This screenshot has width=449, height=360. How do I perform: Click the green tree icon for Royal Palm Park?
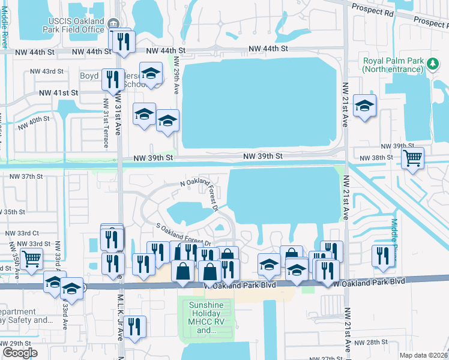tap(431, 62)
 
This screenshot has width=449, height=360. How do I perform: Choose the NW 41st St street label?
tap(58, 93)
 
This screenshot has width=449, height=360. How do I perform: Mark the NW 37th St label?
tap(27, 176)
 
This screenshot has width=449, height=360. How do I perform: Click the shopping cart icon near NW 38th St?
tap(412, 158)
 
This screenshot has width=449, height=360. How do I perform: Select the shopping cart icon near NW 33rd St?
tap(31, 259)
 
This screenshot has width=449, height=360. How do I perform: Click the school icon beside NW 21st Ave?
tap(364, 106)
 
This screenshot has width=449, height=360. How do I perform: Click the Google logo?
tap(20, 352)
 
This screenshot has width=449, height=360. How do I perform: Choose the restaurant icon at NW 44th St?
tap(123, 41)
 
